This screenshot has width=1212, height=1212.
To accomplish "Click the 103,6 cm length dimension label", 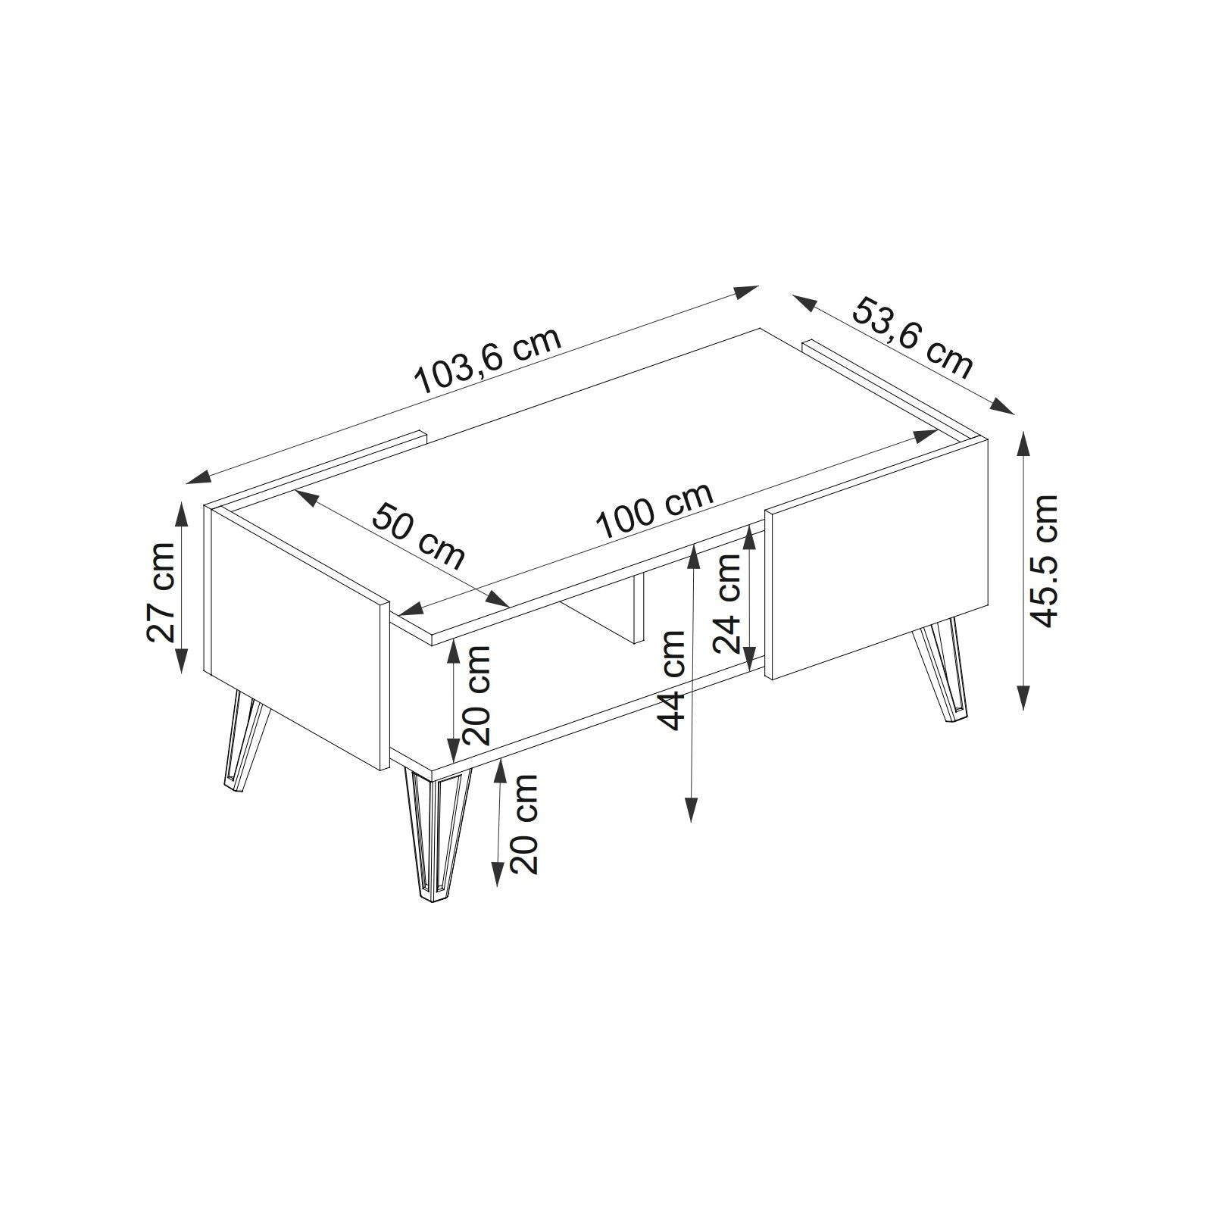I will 489,361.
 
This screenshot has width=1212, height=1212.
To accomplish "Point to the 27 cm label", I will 162,592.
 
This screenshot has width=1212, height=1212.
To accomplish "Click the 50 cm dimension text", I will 417,535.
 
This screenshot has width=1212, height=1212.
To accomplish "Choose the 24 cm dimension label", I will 726,603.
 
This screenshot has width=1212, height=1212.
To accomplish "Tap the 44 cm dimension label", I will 672,680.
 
